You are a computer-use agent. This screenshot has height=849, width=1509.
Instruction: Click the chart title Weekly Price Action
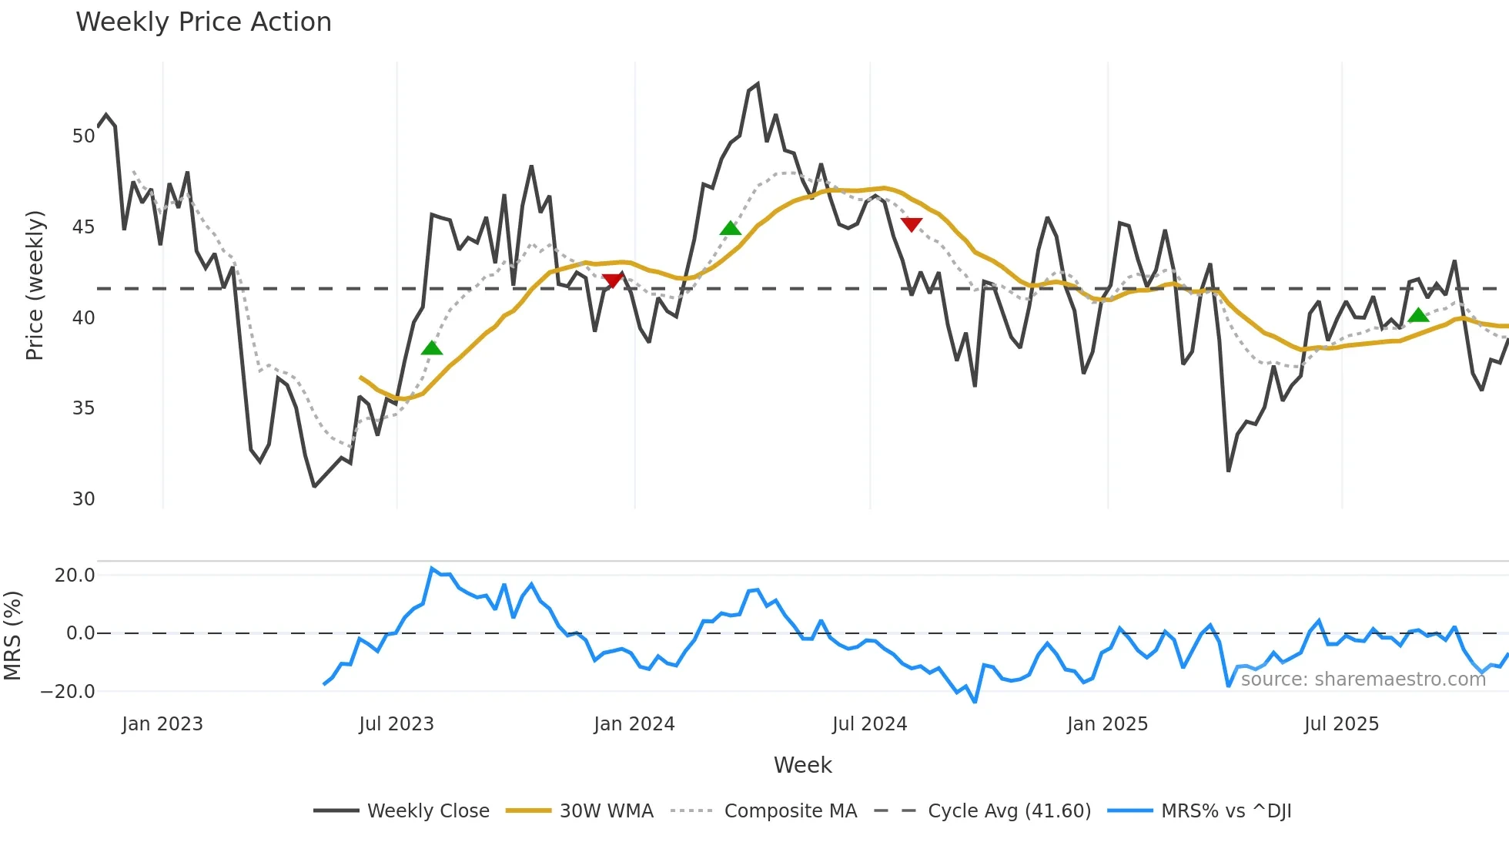coord(203,22)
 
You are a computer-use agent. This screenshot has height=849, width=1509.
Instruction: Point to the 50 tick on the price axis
coord(83,136)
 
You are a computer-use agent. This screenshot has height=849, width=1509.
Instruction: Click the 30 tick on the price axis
coord(83,499)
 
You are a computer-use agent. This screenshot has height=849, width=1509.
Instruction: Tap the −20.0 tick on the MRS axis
coord(68,692)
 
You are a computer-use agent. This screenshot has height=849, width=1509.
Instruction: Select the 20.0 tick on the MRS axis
coord(75,576)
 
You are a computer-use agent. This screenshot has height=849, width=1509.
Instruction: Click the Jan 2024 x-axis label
coord(634,724)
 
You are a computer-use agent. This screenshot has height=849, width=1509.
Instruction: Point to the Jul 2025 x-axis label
coord(1341,724)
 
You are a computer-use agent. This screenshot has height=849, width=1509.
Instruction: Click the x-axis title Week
coord(802,765)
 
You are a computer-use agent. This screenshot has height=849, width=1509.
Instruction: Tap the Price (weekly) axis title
coord(35,285)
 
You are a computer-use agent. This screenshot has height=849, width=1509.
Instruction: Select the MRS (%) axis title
coord(12,636)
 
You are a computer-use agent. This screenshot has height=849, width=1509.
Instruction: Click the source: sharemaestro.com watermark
coord(1363,680)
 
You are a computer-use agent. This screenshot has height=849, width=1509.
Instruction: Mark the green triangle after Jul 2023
coord(432,348)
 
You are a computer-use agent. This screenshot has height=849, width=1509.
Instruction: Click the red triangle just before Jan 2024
coord(613,280)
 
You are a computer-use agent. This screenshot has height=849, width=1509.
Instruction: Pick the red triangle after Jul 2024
coord(912,224)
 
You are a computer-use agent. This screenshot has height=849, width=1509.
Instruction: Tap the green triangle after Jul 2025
coord(1418,315)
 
